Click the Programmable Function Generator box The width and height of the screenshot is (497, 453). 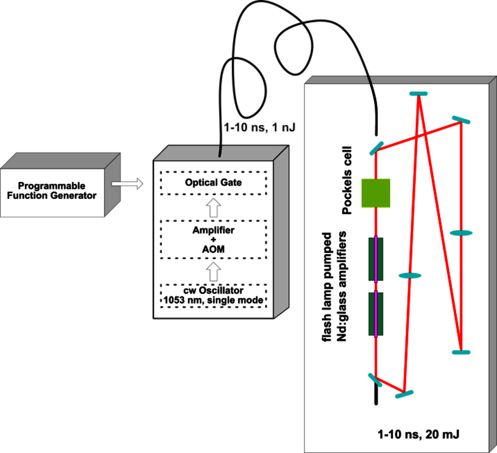pos(52,192)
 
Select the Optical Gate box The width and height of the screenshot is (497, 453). pos(213,183)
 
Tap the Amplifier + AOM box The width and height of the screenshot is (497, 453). pos(213,240)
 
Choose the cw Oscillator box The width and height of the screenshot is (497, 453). pos(213,296)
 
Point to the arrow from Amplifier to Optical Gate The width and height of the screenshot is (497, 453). pos(214,208)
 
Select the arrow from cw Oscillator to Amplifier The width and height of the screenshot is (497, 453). pos(214,272)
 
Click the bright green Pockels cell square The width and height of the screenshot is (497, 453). pos(376,193)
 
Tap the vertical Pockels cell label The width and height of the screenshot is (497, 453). pos(347,180)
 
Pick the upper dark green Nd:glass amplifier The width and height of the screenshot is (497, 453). pos(376,259)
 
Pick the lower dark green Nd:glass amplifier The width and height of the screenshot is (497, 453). pos(376,314)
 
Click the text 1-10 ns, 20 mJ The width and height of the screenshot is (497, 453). pos(418,435)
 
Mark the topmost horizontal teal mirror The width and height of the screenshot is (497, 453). pos(418,94)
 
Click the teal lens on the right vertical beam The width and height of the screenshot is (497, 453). pos(461,233)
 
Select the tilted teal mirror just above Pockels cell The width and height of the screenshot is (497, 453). pos(376,148)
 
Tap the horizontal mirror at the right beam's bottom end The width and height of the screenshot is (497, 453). pos(461,352)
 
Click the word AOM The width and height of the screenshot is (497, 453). pos(213,249)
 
